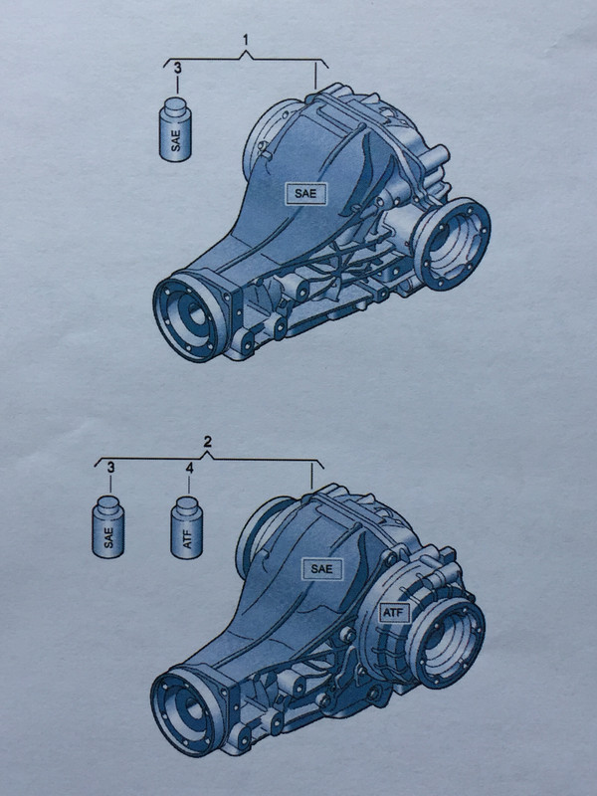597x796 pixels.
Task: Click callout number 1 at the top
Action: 246,40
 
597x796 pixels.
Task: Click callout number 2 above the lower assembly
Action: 207,442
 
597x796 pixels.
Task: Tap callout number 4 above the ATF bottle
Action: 189,468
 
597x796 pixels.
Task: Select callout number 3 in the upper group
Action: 178,68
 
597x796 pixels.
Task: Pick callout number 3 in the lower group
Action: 110,468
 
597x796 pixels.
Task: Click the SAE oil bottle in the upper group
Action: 175,130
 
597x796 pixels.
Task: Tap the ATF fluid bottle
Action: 187,527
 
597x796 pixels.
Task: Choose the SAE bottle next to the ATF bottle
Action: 108,527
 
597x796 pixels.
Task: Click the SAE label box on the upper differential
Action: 305,193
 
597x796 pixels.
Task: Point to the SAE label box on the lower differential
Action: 321,569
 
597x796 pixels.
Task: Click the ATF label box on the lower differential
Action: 394,613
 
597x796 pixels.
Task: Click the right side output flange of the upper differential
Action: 452,244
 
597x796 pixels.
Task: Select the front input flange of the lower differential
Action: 188,710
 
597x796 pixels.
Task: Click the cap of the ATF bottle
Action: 187,505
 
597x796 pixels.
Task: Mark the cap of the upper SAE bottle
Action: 176,107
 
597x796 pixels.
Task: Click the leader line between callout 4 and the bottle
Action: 189,486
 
